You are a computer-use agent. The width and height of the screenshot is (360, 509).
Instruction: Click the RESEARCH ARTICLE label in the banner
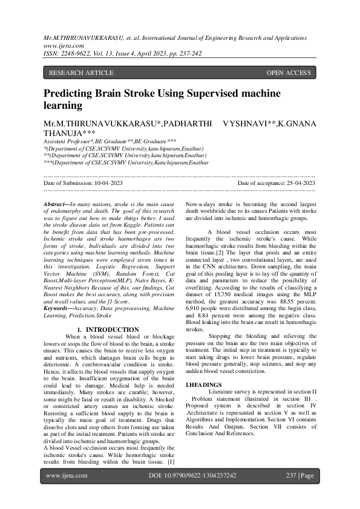81,73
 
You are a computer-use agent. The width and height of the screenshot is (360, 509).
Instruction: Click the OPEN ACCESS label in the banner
289,73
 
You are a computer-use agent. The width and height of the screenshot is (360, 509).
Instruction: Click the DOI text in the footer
192,476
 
